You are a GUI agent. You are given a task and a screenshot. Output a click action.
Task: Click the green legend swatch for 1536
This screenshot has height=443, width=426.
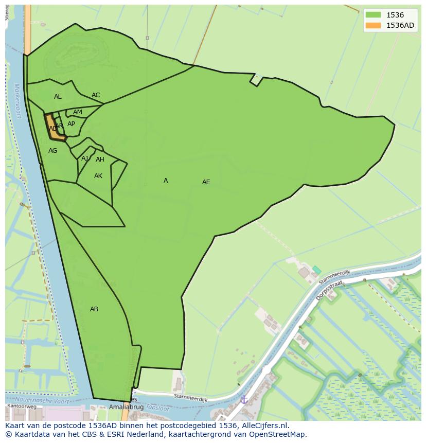[x=373, y=15]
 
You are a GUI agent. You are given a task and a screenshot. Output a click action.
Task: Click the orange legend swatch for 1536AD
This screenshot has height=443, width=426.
[x=373, y=25]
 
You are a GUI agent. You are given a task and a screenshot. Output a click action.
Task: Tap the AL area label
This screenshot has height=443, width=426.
[x=58, y=97]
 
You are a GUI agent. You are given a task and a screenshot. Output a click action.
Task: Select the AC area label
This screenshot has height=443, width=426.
[x=96, y=95]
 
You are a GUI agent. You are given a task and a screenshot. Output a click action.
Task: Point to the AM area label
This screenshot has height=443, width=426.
[x=78, y=112]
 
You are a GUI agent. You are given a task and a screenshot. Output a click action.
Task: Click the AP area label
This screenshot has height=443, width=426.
[x=71, y=124]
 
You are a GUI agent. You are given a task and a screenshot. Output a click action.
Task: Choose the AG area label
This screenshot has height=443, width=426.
[x=53, y=151]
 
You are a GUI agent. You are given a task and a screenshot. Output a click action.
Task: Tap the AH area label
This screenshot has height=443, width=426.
[x=100, y=160]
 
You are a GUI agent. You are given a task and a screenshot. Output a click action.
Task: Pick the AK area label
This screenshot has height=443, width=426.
[x=98, y=176]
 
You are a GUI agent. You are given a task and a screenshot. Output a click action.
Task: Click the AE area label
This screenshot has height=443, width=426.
[x=206, y=182]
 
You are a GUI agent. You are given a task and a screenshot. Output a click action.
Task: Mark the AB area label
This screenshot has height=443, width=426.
[x=94, y=309]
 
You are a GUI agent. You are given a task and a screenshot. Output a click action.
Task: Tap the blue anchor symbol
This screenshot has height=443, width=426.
[x=244, y=399]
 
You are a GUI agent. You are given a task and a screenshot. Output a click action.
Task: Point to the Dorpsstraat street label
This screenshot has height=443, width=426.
[x=326, y=290]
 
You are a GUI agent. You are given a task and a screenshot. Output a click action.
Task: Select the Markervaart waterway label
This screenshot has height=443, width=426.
[x=17, y=101]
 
